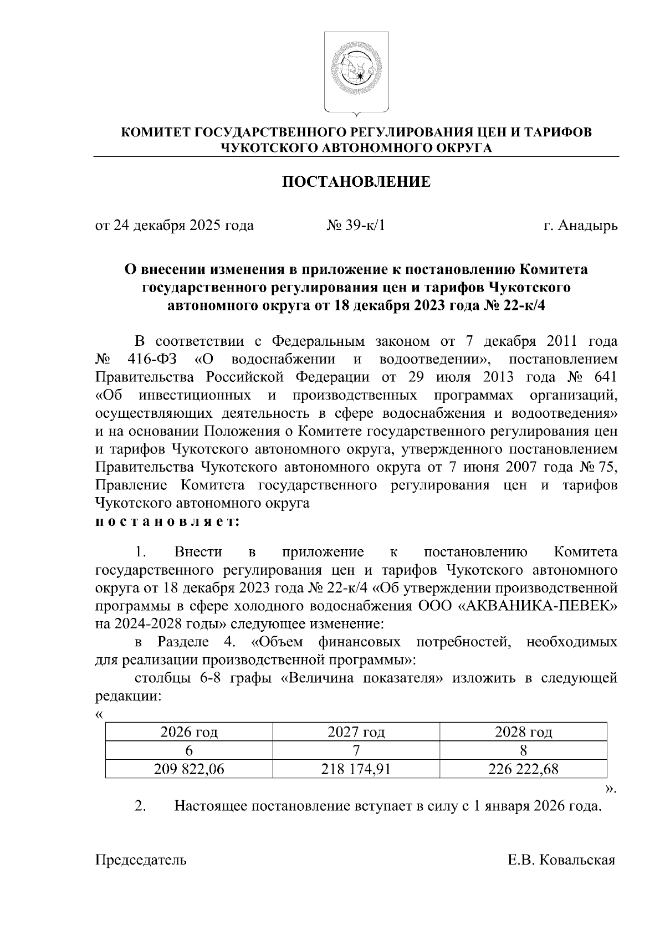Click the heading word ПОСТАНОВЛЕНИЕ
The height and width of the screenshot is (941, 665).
coord(356,182)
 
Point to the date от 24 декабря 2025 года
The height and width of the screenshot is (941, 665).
coord(175,226)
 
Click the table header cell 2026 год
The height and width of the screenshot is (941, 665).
coord(189,733)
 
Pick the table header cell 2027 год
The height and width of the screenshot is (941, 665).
coord(356,733)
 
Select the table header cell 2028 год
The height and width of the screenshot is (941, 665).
coord(523,733)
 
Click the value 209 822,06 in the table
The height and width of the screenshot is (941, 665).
coord(189,769)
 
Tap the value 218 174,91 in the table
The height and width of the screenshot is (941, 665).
coord(356,769)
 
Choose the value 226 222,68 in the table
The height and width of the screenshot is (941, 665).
coord(523,769)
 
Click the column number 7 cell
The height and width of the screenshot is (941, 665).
coord(356,751)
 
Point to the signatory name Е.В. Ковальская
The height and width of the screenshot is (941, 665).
coord(561,860)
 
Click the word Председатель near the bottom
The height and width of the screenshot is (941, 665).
coord(141,860)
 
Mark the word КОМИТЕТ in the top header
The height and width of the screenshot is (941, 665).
coord(154,132)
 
